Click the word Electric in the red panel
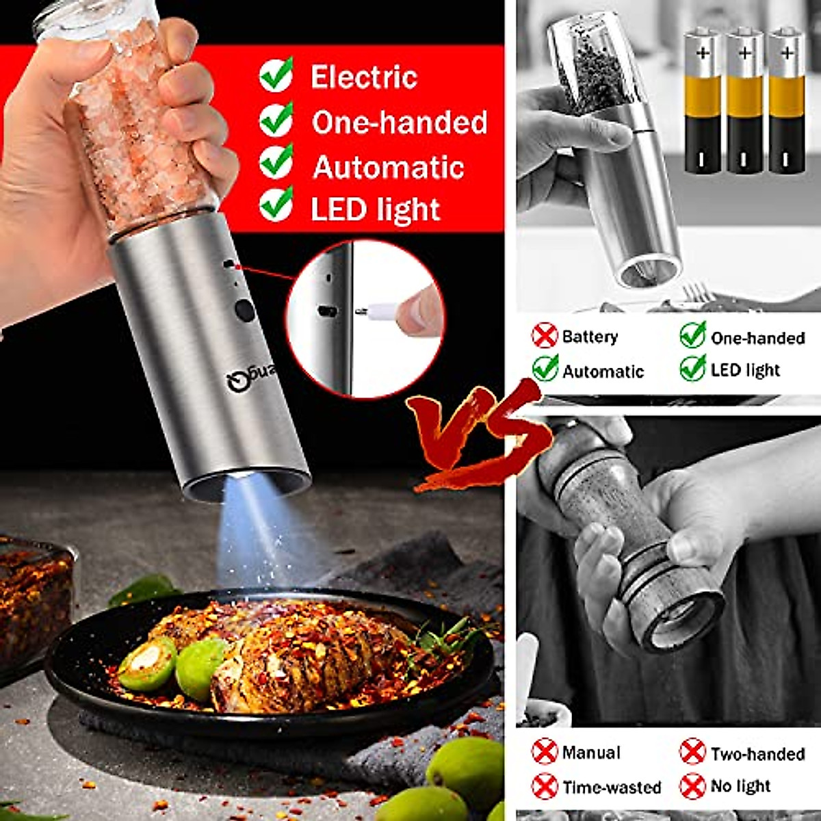point(363,77)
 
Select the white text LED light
point(375,209)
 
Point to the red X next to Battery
point(545,336)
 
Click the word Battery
point(590,337)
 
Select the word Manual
point(591,753)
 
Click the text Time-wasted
point(612,787)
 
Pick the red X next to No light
point(692,786)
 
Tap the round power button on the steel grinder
point(244,310)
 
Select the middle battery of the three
point(744,101)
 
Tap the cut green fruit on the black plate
point(147,662)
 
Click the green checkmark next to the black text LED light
point(692,368)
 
